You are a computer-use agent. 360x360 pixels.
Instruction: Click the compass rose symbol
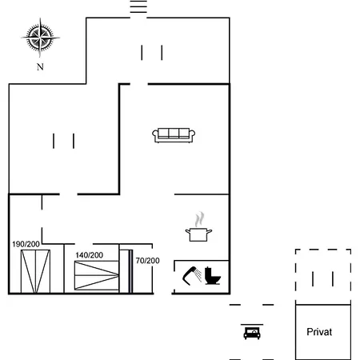click(40, 38)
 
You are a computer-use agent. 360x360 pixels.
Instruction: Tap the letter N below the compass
click(40, 66)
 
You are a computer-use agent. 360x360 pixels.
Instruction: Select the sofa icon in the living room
click(174, 135)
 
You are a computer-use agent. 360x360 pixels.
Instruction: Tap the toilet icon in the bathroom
click(213, 276)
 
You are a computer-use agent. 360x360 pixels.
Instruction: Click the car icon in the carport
click(252, 333)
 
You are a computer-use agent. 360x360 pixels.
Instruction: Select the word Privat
click(319, 332)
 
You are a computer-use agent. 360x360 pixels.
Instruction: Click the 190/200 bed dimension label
click(26, 244)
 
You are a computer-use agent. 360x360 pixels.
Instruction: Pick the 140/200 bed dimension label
click(90, 255)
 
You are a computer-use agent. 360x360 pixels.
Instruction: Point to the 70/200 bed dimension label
click(147, 261)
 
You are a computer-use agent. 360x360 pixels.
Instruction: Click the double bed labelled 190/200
click(35, 271)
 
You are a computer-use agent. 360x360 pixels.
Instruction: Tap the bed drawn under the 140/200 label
click(97, 275)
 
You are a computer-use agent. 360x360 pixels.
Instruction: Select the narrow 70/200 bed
click(126, 271)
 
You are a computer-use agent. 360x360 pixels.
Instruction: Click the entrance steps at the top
click(138, 6)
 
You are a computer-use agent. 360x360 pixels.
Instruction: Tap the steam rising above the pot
click(199, 219)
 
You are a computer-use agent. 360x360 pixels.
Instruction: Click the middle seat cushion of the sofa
click(174, 133)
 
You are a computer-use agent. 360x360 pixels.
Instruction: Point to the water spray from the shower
click(198, 275)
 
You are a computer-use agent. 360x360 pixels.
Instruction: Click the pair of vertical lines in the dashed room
click(322, 279)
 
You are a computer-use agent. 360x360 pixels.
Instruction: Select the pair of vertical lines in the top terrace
click(152, 53)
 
